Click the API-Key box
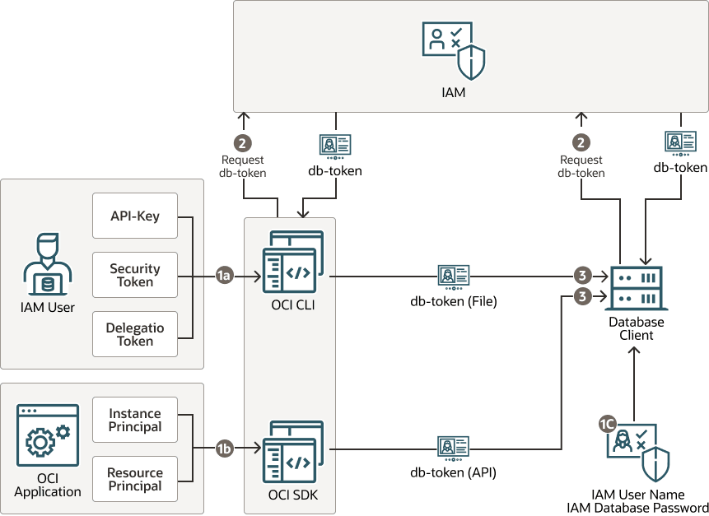coord(135,216)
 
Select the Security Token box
coord(135,275)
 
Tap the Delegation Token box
coord(135,334)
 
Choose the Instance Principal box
coord(135,420)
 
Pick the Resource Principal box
coord(135,479)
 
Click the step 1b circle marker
coord(223,449)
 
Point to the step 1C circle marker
coord(607,424)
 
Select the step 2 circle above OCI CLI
coord(242,142)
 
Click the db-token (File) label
coord(454,301)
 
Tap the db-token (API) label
coord(454,472)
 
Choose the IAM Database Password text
coord(637,508)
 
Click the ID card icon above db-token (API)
coord(454,448)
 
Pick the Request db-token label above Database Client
coord(581,166)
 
